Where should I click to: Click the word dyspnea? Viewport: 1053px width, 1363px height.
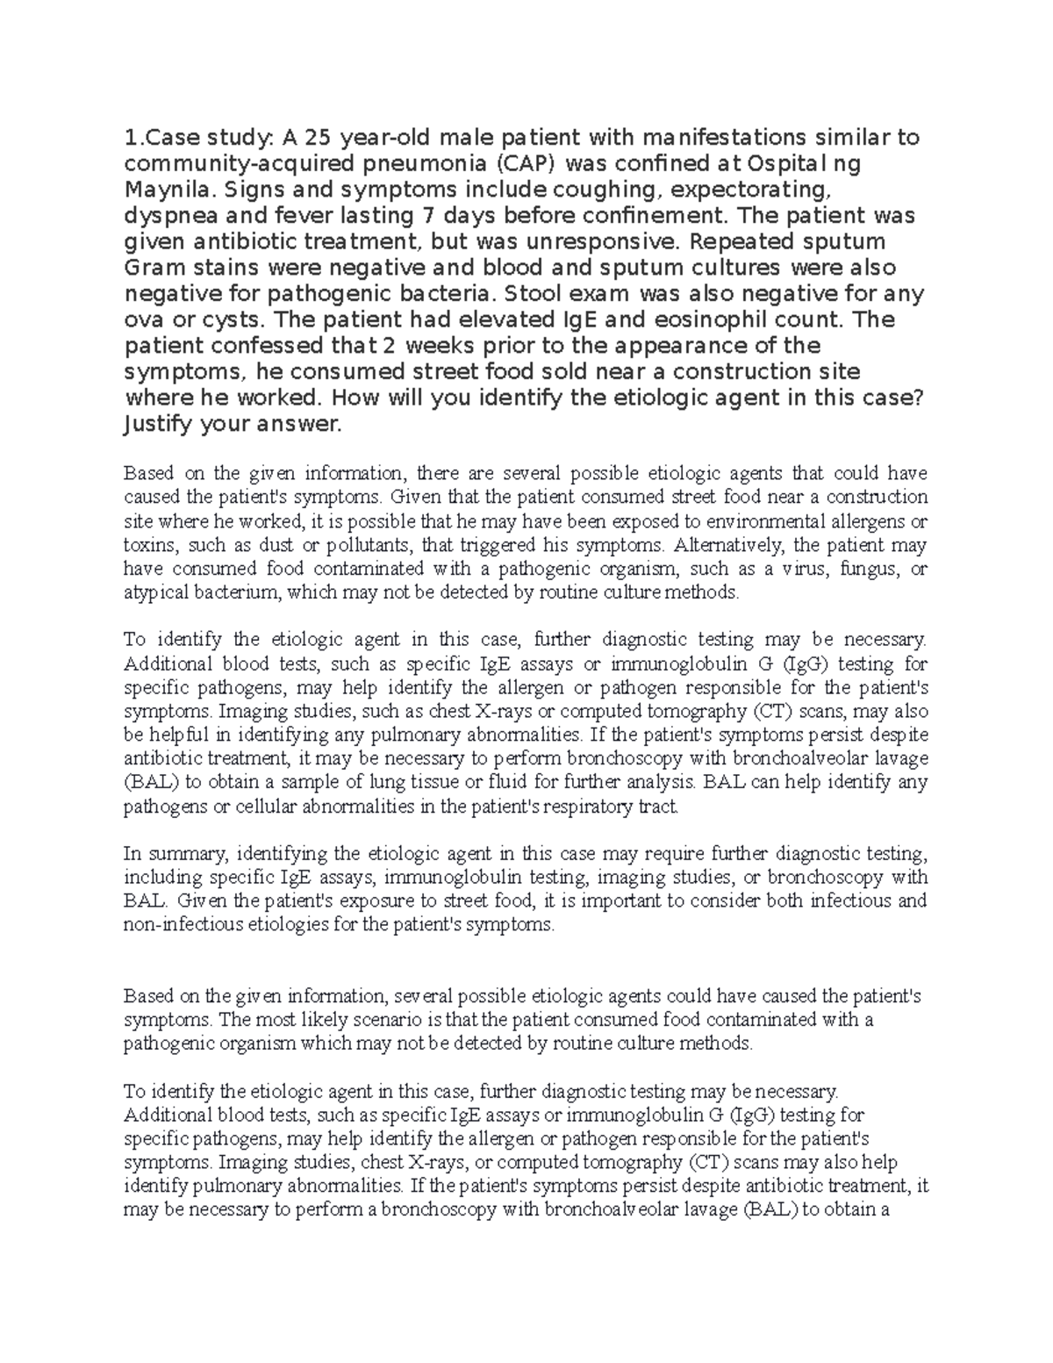(x=167, y=215)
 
